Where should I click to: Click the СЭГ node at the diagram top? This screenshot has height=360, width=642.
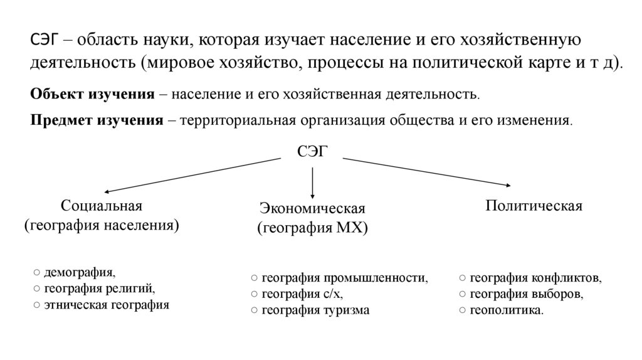[312, 151]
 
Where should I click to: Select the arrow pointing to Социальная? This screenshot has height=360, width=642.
[191, 174]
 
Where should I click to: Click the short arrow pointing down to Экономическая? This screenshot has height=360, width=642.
[312, 183]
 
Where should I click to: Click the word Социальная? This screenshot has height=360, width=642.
[102, 206]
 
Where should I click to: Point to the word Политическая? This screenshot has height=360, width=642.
[534, 206]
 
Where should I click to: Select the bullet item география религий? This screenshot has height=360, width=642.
[98, 289]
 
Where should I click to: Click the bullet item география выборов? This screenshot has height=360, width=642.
[525, 294]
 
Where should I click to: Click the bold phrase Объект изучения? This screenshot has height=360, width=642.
[92, 94]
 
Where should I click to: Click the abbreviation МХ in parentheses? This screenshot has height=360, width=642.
[349, 228]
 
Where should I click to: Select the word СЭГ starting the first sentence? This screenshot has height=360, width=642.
[45, 40]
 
